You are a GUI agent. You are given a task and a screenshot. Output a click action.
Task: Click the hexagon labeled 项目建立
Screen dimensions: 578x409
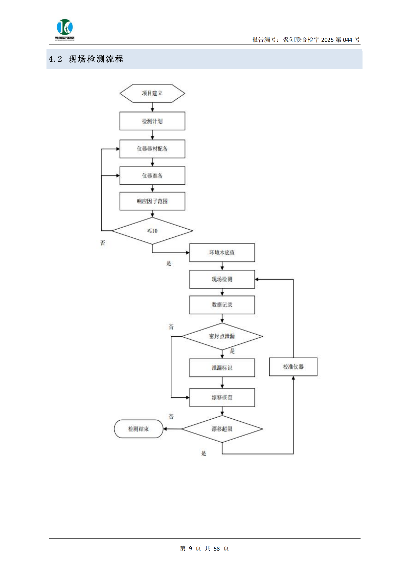point(152,93)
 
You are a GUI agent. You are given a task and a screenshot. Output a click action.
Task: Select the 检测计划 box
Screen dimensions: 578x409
point(152,121)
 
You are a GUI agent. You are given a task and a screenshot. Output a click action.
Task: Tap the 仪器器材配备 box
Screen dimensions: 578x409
point(152,149)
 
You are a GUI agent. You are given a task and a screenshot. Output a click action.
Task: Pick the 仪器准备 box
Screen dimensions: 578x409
point(152,175)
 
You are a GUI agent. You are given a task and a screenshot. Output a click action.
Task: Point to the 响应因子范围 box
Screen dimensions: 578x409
point(152,201)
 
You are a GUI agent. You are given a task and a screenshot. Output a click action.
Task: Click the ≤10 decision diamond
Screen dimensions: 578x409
point(152,231)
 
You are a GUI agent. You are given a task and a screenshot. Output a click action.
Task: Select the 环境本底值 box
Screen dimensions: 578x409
point(222,253)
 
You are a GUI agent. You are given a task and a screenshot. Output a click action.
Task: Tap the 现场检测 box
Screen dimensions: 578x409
point(222,279)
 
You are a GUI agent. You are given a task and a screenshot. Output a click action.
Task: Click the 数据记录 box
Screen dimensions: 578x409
point(222,305)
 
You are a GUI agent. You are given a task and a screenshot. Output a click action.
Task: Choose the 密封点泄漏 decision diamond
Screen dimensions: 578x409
point(222,336)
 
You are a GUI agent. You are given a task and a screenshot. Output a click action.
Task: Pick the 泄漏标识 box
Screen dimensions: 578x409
point(222,368)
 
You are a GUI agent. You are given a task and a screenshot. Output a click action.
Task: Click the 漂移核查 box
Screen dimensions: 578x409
point(222,397)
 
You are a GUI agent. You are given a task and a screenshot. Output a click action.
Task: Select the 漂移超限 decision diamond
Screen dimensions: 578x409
point(222,429)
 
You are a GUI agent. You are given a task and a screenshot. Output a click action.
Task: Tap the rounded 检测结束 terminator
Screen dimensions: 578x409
point(138,429)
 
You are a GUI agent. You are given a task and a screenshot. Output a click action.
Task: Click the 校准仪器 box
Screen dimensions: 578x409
point(293,367)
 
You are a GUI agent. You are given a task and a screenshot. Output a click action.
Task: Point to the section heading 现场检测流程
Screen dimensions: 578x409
point(96,59)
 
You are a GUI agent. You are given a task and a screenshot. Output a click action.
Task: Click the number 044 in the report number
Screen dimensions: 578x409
point(347,40)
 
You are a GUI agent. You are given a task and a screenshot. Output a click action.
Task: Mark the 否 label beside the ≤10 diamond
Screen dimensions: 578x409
point(103,243)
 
